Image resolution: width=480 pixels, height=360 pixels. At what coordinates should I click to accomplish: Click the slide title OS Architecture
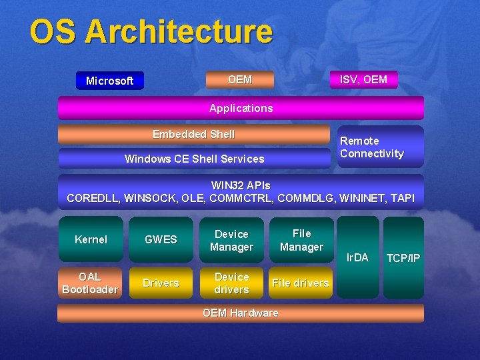tap(151, 32)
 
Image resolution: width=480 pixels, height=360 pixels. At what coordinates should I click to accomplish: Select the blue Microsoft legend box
tap(109, 81)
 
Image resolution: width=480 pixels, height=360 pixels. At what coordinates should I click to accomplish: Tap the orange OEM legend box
tap(239, 80)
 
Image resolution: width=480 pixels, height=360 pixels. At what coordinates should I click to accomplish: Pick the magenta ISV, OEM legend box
tap(363, 80)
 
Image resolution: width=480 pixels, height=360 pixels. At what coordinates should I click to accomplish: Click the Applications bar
tap(241, 108)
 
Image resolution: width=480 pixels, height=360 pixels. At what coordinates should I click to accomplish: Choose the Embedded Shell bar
tap(193, 135)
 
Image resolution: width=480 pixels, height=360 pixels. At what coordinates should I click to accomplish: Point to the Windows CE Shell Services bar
tap(194, 159)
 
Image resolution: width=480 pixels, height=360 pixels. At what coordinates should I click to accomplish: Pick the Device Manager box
tap(231, 240)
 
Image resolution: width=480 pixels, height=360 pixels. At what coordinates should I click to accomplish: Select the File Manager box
tap(301, 240)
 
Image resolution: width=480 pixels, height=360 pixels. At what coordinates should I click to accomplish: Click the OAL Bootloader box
tap(90, 283)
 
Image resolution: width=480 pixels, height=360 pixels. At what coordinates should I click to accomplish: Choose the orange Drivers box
tap(161, 283)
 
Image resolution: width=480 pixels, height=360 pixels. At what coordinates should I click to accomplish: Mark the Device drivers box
tap(231, 283)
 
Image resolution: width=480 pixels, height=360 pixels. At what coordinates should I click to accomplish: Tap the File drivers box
tap(301, 283)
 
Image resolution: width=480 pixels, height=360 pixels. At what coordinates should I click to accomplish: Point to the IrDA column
tap(357, 257)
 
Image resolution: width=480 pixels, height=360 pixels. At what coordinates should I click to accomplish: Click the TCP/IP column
tap(403, 257)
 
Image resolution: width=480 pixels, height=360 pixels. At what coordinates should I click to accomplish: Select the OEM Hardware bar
tap(240, 313)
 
